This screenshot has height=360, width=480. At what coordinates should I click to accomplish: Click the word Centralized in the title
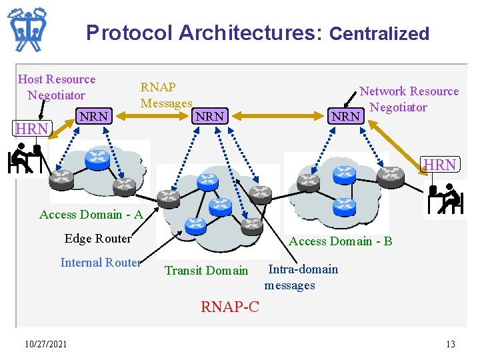click(x=379, y=33)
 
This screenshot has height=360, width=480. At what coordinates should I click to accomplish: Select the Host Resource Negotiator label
click(x=57, y=87)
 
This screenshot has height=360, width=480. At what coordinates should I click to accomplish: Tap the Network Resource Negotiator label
click(x=409, y=99)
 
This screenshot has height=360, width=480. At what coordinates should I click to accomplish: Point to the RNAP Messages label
click(x=165, y=95)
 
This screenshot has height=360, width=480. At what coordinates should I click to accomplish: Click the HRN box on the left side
click(x=32, y=128)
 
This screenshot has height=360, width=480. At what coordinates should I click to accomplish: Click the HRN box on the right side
click(x=441, y=165)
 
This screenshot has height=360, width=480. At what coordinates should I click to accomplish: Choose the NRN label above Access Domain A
click(x=94, y=116)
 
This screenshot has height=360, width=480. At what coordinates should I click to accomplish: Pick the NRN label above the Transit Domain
click(x=209, y=116)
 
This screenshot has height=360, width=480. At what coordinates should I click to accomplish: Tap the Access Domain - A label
click(x=91, y=215)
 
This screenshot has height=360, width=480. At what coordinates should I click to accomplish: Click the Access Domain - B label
click(x=341, y=241)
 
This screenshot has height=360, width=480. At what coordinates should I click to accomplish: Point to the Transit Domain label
click(x=206, y=271)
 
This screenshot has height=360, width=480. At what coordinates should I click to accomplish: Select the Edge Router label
click(x=98, y=239)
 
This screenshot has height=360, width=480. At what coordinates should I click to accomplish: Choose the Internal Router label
click(x=101, y=263)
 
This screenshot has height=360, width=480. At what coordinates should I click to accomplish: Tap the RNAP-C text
click(x=230, y=307)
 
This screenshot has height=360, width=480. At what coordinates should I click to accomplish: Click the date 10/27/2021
click(x=45, y=344)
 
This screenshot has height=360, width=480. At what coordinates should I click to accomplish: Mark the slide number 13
click(x=451, y=344)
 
